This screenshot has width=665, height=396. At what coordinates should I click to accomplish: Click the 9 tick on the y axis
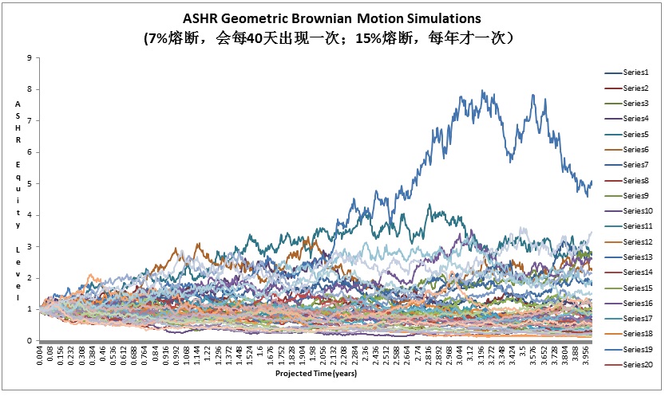(29, 57)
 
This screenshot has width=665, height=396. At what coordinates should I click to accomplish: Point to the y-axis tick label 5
(29, 183)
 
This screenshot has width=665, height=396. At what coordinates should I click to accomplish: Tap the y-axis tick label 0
(29, 340)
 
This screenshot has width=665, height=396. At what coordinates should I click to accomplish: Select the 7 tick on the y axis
(29, 120)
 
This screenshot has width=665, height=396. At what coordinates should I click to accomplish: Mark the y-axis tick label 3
(29, 246)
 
